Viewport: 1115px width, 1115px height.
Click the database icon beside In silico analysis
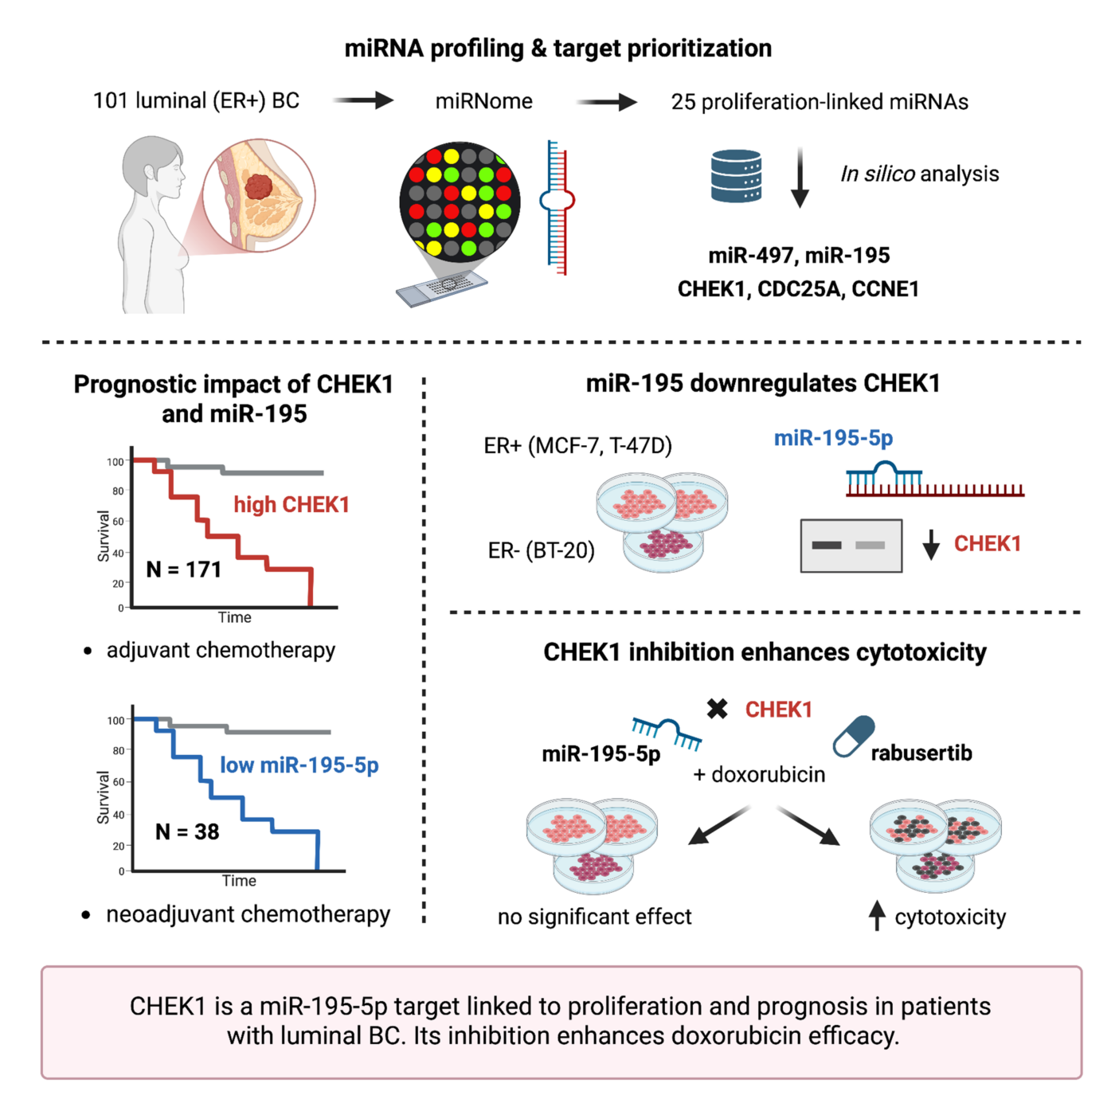click(x=735, y=176)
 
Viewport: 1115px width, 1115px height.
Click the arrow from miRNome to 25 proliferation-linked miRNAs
click(x=606, y=102)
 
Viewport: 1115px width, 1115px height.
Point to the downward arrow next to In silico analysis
click(x=800, y=178)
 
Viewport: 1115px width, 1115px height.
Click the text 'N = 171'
click(x=184, y=569)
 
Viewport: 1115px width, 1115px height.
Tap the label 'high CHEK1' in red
click(x=291, y=505)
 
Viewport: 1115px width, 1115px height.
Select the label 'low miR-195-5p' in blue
click(x=299, y=765)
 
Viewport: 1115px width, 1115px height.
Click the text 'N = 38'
click(x=187, y=831)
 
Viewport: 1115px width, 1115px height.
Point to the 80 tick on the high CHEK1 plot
click(x=118, y=491)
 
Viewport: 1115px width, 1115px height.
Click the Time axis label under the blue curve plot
click(x=239, y=881)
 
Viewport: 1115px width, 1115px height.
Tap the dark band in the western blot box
click(x=826, y=545)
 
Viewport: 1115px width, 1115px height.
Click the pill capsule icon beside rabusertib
click(x=854, y=736)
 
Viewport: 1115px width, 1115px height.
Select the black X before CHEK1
click(x=718, y=709)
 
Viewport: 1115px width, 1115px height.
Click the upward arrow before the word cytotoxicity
click(x=877, y=915)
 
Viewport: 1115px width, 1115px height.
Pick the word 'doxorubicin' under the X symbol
click(x=769, y=774)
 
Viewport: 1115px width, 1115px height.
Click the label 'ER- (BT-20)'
click(x=542, y=550)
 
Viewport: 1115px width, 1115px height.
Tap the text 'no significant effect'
click(x=595, y=917)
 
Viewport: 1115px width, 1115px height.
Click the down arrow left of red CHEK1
click(x=931, y=545)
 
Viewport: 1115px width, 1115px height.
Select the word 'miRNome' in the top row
click(x=483, y=101)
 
